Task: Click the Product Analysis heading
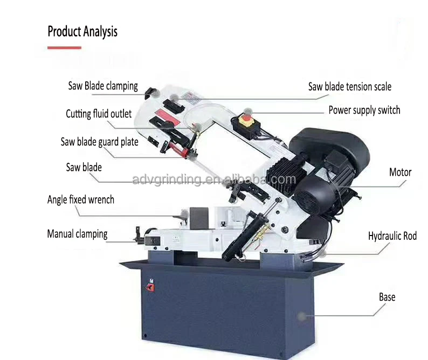[x=82, y=31]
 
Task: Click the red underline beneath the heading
[x=65, y=48]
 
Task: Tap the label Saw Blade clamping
[x=103, y=86]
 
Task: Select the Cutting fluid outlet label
[x=99, y=114]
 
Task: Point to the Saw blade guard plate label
[x=99, y=142]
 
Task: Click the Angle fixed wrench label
[x=81, y=199]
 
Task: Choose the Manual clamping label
[x=77, y=234]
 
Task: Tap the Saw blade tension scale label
[x=350, y=87]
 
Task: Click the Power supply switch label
[x=364, y=110]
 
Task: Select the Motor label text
[x=400, y=172]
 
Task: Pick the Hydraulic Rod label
[x=392, y=236]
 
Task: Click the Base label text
[x=387, y=297]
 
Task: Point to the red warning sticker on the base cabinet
[x=150, y=287]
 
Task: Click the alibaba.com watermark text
[x=213, y=179]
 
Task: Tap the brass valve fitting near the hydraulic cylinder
[x=261, y=233]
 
